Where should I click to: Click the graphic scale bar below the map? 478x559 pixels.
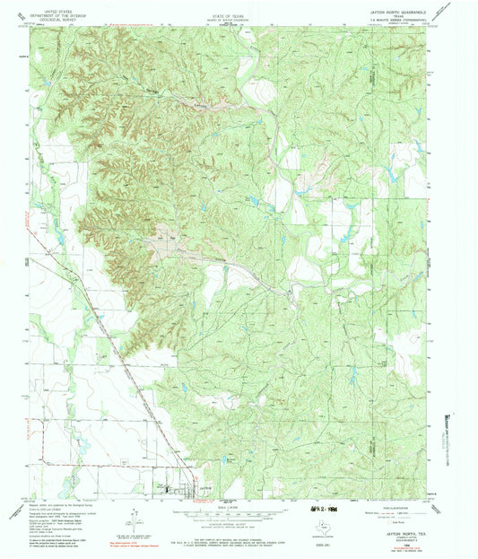[238, 511]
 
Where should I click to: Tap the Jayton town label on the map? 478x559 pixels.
[204, 485]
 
